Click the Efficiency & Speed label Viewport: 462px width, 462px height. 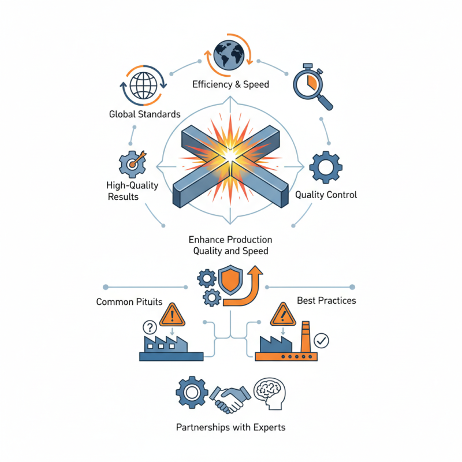click(x=230, y=84)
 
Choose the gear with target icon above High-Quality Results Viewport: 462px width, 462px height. click(x=132, y=163)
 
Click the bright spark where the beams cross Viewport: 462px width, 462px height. click(x=230, y=155)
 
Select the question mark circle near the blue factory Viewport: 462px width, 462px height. click(x=149, y=328)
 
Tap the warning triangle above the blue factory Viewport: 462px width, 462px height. click(x=172, y=315)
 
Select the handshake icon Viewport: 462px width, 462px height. click(x=230, y=397)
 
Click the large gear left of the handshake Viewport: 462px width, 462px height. click(x=191, y=392)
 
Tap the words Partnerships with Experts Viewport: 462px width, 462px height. click(x=230, y=428)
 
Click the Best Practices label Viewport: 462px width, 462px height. click(x=326, y=301)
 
